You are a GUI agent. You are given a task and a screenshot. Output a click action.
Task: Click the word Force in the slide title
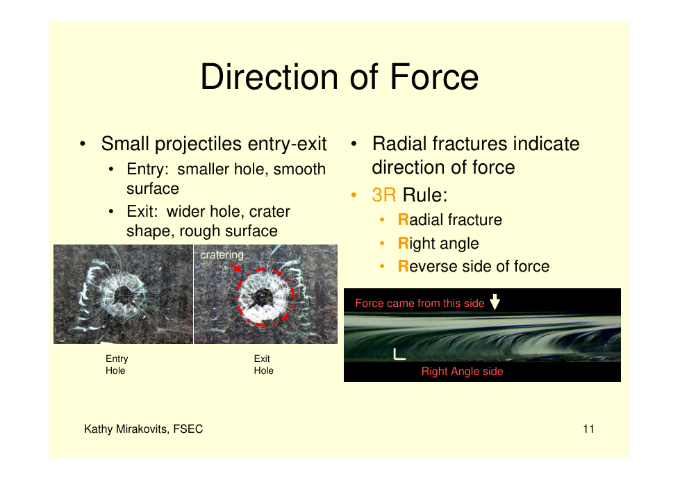(x=434, y=76)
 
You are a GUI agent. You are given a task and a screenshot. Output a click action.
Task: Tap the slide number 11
(x=588, y=429)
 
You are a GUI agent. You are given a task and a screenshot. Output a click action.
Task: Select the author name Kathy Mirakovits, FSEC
(x=144, y=429)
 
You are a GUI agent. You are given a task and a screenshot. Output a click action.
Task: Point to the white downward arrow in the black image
(x=495, y=301)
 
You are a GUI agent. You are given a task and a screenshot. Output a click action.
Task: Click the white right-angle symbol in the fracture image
(x=399, y=354)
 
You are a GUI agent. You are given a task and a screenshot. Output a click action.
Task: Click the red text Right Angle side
(x=463, y=371)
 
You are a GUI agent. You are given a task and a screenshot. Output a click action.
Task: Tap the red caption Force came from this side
(x=420, y=303)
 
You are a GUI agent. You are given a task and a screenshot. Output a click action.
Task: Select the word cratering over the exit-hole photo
(x=222, y=255)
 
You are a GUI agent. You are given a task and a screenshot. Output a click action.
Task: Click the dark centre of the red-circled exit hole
(x=263, y=297)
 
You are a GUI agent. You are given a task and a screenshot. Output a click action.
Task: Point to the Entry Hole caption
(x=117, y=364)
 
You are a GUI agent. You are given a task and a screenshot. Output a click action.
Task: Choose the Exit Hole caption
(x=264, y=364)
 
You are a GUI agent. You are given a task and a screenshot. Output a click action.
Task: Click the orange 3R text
(x=384, y=195)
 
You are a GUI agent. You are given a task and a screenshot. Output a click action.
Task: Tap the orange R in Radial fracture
(x=404, y=220)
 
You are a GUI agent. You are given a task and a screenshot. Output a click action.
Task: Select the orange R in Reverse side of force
(x=404, y=266)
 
